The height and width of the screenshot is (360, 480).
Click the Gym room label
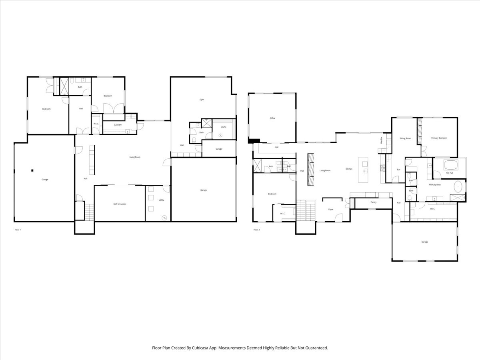202,100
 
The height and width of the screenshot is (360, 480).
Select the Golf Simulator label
119,204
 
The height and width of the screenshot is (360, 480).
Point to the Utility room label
161,200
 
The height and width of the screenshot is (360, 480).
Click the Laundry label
118,125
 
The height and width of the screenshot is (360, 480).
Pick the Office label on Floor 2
272,118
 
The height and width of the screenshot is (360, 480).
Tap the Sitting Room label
405,138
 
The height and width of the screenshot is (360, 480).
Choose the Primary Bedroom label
439,138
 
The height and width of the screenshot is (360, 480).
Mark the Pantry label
373,202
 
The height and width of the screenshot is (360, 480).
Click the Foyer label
331,209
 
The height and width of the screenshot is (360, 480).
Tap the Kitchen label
349,169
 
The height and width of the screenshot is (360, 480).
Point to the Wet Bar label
381,141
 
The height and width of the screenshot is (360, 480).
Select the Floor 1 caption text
18,230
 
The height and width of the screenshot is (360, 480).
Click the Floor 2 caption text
256,230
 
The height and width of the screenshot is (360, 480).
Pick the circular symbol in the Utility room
164,217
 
